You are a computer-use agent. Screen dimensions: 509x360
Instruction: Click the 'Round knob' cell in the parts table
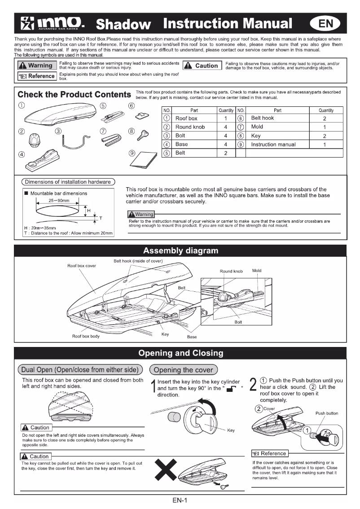[190, 127]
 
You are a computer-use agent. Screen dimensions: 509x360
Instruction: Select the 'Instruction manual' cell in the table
[273, 145]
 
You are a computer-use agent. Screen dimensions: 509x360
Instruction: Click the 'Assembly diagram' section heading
[180, 250]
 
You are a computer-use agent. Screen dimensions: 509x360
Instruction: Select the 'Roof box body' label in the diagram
[86, 336]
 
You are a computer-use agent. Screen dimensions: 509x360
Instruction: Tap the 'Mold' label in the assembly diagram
[257, 271]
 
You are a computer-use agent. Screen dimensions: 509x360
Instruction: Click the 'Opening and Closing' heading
[180, 353]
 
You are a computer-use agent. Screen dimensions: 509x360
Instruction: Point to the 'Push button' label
[327, 413]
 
